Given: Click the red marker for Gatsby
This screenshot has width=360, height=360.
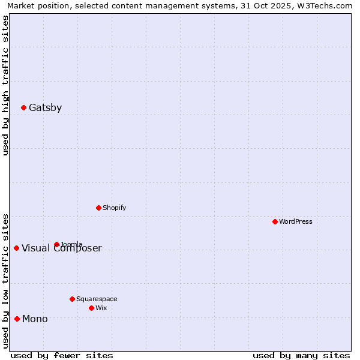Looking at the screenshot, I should (23, 108).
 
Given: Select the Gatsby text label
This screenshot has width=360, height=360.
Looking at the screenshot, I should (45, 108).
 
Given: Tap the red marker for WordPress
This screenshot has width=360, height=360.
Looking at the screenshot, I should (275, 222).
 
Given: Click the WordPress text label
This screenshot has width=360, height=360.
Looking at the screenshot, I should (295, 222).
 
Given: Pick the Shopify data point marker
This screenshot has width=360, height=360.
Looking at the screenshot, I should (98, 208).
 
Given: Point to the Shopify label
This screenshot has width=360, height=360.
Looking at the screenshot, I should (114, 208).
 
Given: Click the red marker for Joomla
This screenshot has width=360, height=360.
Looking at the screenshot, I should (56, 245).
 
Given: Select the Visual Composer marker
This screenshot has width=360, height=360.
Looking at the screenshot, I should (16, 248).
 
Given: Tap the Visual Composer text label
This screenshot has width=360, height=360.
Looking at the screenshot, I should (62, 249).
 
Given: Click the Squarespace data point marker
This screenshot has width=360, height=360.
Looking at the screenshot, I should (72, 299).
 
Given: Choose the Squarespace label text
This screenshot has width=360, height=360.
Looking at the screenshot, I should (97, 299).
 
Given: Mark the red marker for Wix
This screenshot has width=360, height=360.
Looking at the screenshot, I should (91, 308).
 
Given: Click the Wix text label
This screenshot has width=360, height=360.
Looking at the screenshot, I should (101, 308).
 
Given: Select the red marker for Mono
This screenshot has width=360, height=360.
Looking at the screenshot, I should (17, 319).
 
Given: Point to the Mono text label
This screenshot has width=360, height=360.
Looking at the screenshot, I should (35, 319).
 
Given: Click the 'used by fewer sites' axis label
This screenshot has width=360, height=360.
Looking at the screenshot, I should (62, 355).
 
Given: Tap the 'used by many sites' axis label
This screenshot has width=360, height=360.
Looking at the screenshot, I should (301, 355).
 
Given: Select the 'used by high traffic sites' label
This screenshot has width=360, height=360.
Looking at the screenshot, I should (5, 85).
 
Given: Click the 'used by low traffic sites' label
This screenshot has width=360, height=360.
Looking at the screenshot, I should (5, 280).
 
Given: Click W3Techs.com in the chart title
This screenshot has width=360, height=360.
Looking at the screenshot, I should (324, 5).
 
